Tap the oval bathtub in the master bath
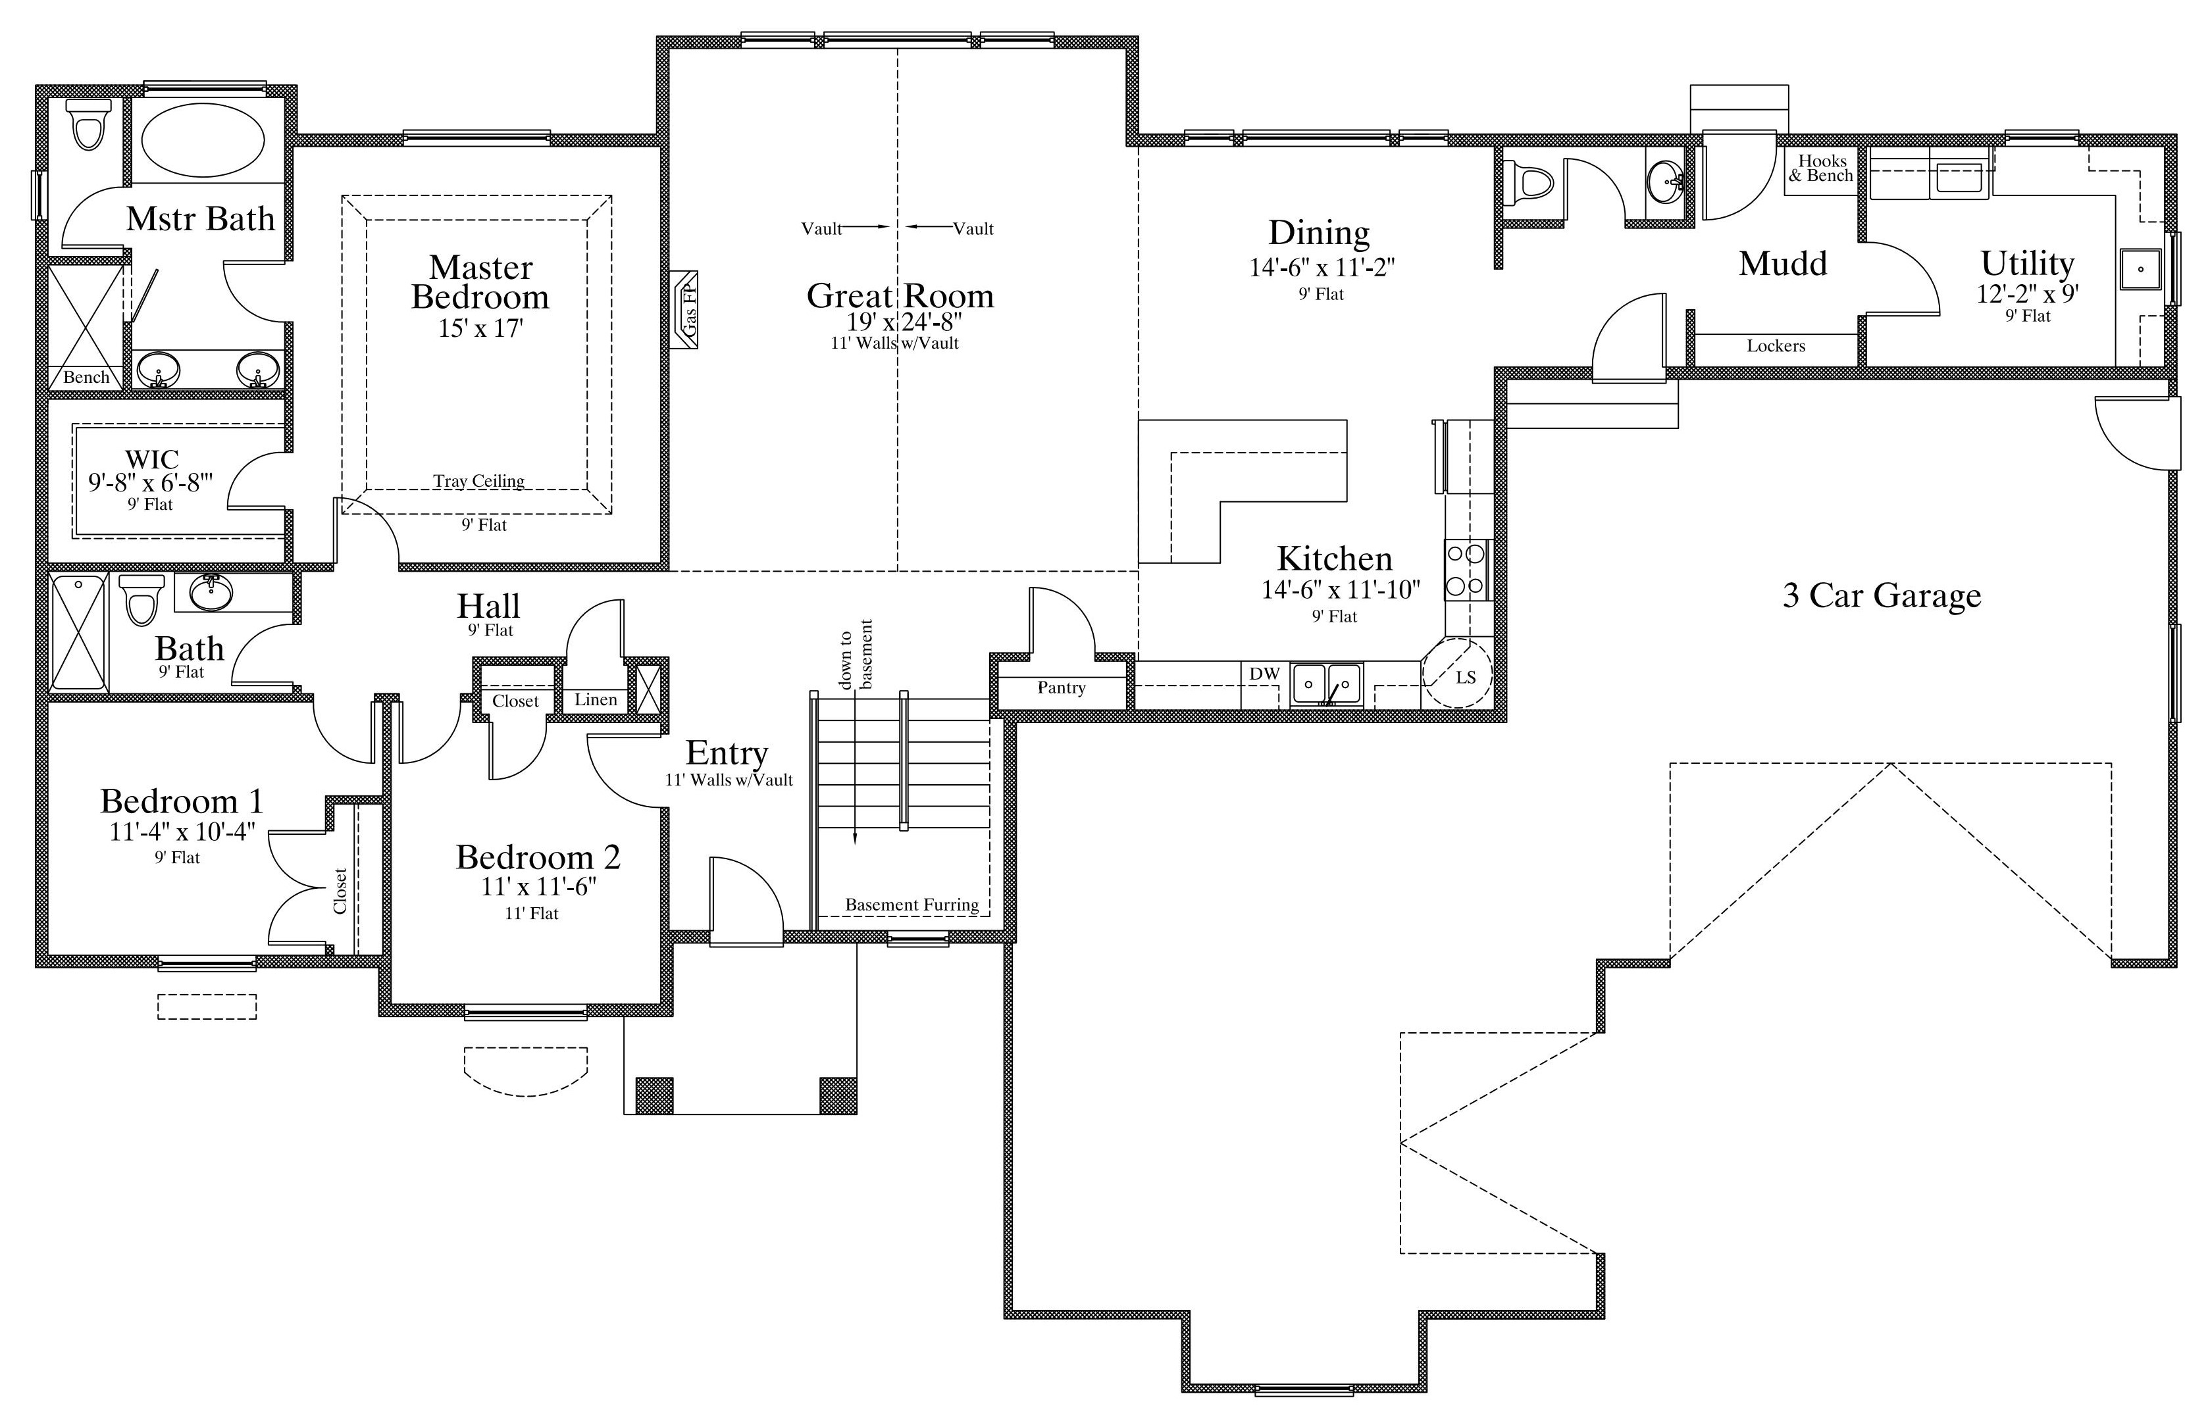tap(203, 139)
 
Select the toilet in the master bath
tap(89, 124)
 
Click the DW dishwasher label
tap(1264, 674)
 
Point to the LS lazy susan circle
tap(1458, 674)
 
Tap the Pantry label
tap(1061, 688)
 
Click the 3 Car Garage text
tap(1882, 596)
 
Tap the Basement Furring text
tap(912, 905)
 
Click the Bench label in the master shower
tap(86, 377)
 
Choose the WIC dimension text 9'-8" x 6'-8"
tap(151, 482)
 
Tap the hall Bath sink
tap(212, 592)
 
